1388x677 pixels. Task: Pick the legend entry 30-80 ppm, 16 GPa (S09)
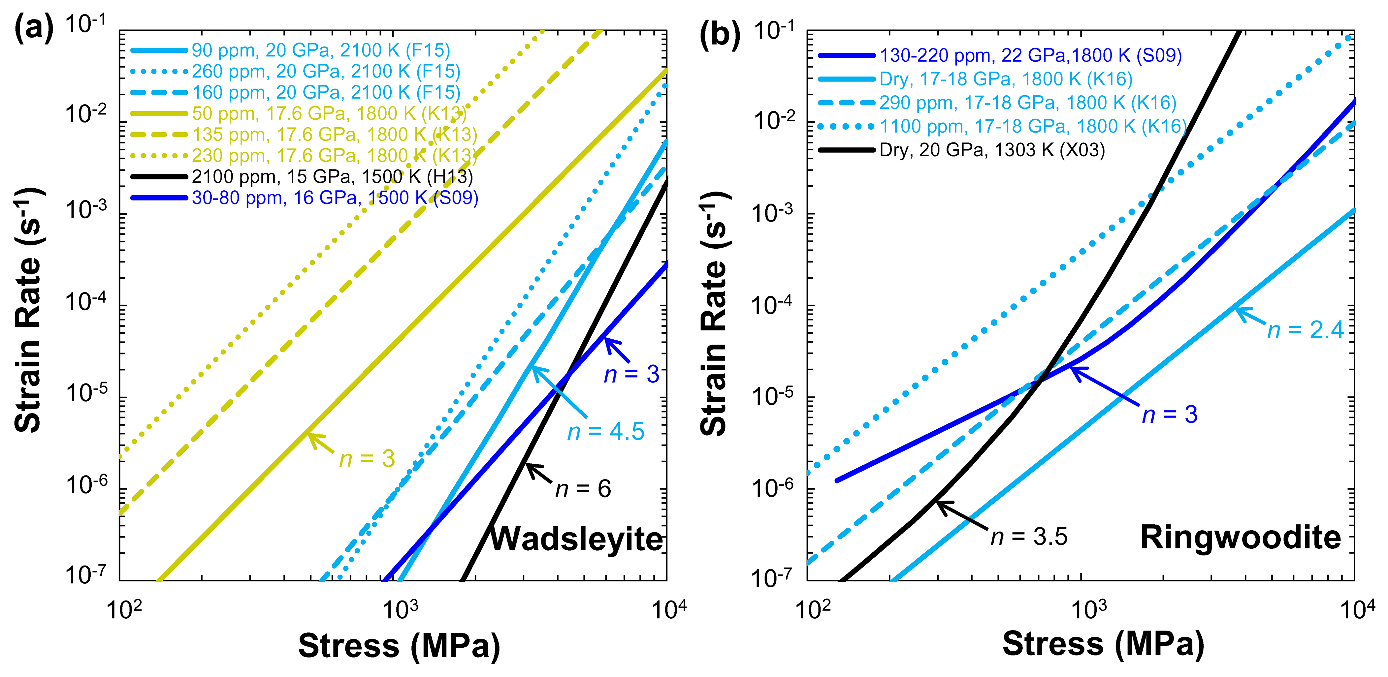335,198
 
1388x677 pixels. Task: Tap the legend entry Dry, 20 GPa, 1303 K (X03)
991,150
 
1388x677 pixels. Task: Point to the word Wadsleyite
576,539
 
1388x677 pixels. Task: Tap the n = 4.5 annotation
606,431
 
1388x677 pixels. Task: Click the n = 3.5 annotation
1029,537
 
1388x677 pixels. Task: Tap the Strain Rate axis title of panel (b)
715,312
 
